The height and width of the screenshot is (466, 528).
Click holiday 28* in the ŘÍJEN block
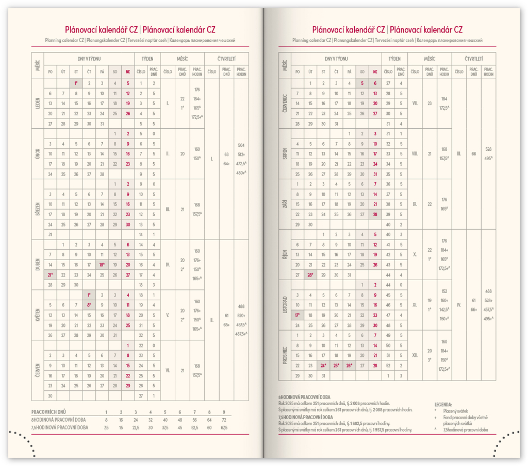310,275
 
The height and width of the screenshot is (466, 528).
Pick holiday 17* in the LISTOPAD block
298,315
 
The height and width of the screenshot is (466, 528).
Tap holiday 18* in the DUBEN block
102,264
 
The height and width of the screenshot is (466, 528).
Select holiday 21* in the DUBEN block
50,274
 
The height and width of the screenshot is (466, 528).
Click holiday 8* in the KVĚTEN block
89,304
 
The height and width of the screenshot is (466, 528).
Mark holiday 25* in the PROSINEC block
336,366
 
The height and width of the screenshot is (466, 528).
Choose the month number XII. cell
415,355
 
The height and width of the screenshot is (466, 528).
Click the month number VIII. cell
415,153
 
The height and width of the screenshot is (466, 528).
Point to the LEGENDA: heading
443,405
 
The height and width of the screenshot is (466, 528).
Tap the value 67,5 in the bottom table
223,427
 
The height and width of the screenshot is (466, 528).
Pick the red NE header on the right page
375,72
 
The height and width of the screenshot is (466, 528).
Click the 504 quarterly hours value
241,145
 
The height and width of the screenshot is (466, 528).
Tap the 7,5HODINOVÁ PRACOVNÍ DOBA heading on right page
305,417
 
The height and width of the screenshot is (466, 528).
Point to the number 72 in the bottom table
223,420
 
